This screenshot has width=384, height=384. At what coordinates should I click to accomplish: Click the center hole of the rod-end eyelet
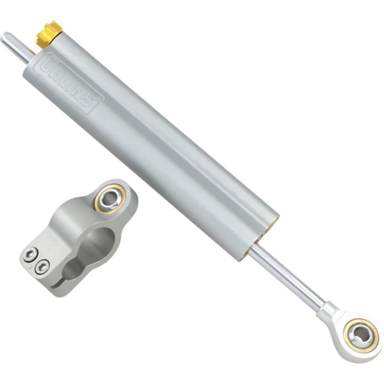point(359,333)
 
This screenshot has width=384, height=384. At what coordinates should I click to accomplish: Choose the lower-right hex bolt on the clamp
point(43,266)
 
